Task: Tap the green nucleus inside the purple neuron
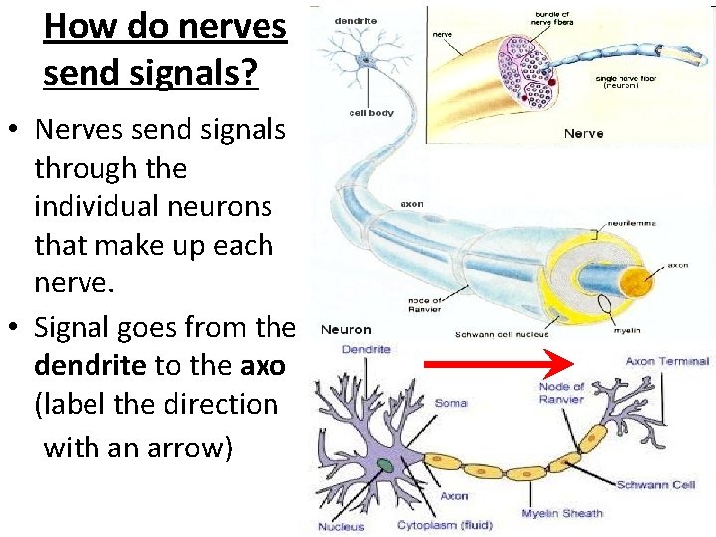click(384, 465)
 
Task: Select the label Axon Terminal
click(667, 361)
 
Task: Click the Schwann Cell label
click(655, 484)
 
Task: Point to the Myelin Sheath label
click(562, 513)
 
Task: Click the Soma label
click(450, 403)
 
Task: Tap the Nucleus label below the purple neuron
click(341, 526)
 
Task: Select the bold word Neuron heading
click(346, 329)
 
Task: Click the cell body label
click(371, 113)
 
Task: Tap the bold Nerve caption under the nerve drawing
click(584, 133)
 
